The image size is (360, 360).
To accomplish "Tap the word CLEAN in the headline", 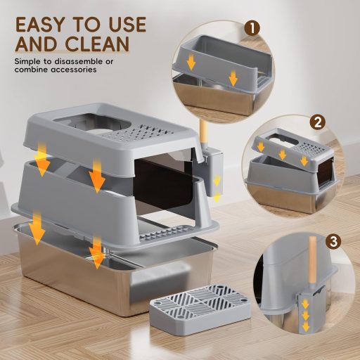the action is tap(97, 44).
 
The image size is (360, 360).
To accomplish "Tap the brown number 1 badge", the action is tap(252, 29).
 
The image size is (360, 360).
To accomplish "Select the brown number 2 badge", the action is tap(317, 122).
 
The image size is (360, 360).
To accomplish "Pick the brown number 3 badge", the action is tap(333, 241).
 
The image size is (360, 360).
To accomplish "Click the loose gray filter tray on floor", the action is tap(200, 309).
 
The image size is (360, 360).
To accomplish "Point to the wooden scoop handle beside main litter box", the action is tap(203, 132).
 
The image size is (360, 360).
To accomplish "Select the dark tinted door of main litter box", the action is tap(165, 185).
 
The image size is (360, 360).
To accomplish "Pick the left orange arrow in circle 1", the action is tap(191, 63).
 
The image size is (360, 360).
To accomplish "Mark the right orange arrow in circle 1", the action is tap(233, 78).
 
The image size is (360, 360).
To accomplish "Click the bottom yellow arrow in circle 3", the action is tap(305, 326).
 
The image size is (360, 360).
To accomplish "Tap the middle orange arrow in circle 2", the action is tap(283, 155).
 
